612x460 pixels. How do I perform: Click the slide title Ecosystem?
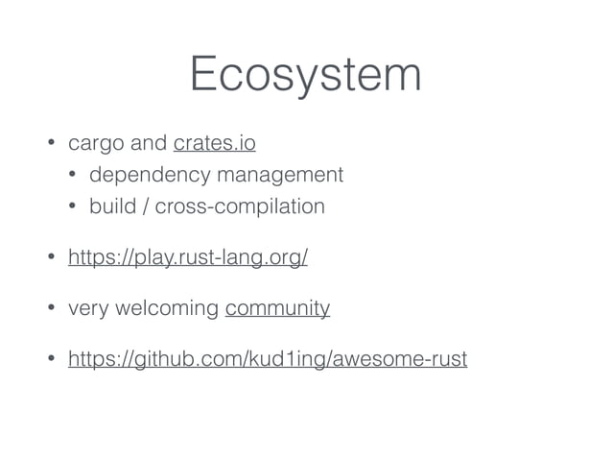(305, 74)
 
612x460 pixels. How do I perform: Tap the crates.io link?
(214, 145)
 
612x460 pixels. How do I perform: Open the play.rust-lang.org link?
(187, 258)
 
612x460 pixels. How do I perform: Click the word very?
(84, 308)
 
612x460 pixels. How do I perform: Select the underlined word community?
(277, 308)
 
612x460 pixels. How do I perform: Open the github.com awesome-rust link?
(267, 360)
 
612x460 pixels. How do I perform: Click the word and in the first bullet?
(148, 145)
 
